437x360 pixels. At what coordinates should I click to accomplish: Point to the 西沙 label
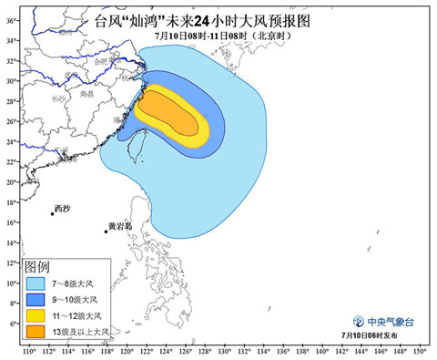pyautogui.click(x=61, y=208)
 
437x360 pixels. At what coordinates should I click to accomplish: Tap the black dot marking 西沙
pyautogui.click(x=53, y=214)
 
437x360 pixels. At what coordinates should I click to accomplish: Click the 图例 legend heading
pyautogui.click(x=36, y=266)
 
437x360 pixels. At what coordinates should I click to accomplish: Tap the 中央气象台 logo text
pyautogui.click(x=389, y=321)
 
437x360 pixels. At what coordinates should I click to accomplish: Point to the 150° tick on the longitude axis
pyautogui.click(x=420, y=351)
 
